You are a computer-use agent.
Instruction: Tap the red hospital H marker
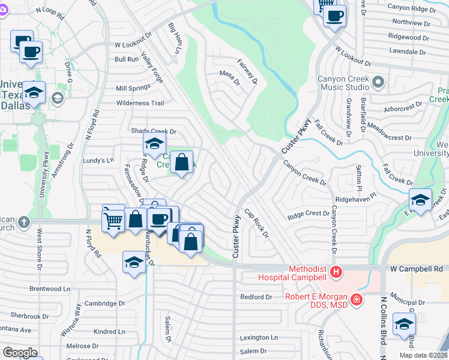[336, 272]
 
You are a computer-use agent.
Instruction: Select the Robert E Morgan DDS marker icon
[357, 299]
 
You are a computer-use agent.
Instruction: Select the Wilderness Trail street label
[140, 103]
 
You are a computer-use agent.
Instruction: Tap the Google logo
[20, 352]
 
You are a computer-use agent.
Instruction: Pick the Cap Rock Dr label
[256, 223]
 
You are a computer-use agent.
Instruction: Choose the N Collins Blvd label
[382, 327]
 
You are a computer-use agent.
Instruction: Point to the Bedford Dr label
[256, 297]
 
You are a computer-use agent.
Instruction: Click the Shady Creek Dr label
[154, 131]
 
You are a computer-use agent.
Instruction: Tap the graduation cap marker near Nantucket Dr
[134, 262]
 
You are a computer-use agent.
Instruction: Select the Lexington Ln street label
[259, 338]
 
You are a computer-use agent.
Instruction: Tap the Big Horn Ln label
[174, 38]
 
